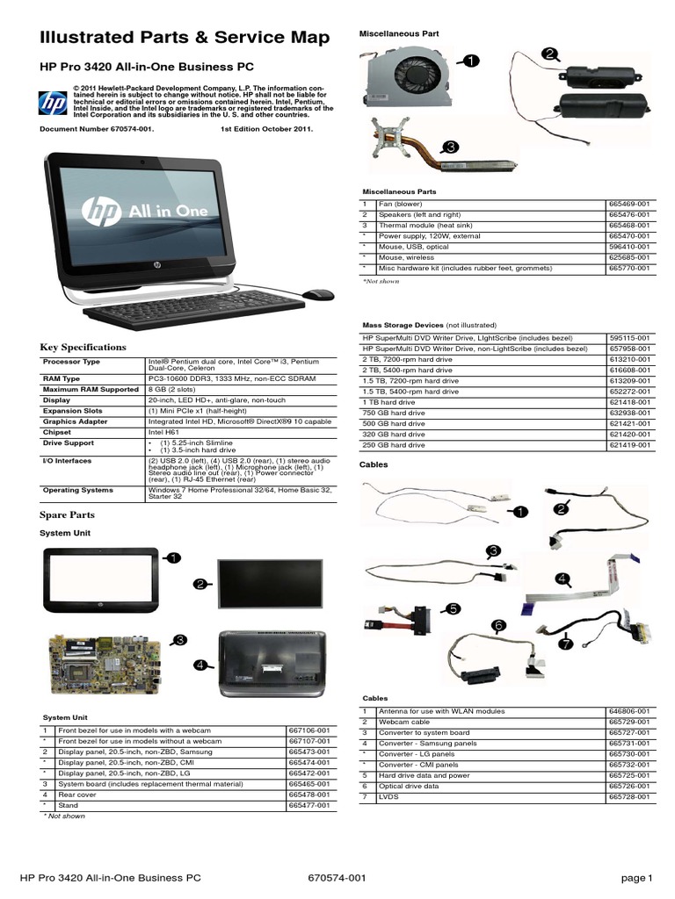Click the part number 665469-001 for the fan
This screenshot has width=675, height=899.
tap(630, 204)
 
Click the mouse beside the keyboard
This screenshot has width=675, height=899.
tap(317, 295)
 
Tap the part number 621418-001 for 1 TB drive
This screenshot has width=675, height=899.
tap(630, 402)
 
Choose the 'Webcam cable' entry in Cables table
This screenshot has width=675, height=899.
tap(400, 722)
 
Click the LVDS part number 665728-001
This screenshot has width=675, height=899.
tap(630, 796)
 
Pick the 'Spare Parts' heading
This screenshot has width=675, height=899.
tap(68, 515)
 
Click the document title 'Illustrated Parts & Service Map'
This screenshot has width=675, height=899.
tap(185, 38)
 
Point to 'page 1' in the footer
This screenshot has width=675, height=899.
tap(636, 878)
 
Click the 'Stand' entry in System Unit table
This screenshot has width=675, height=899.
tap(68, 805)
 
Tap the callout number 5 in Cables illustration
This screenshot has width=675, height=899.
tap(453, 608)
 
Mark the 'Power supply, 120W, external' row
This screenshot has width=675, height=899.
tap(427, 235)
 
